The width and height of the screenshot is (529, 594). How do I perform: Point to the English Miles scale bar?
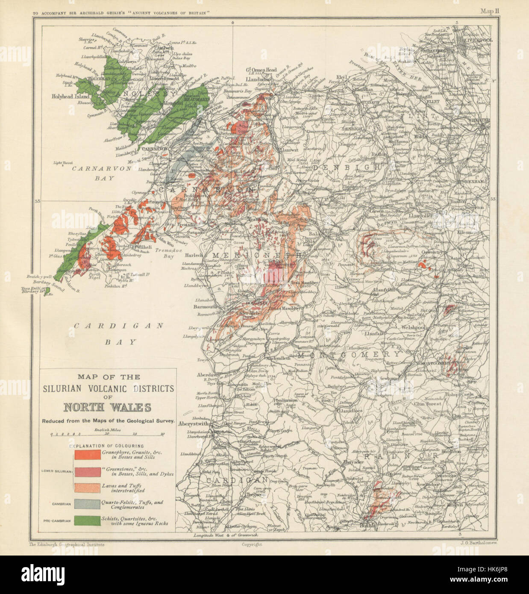click(108, 434)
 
